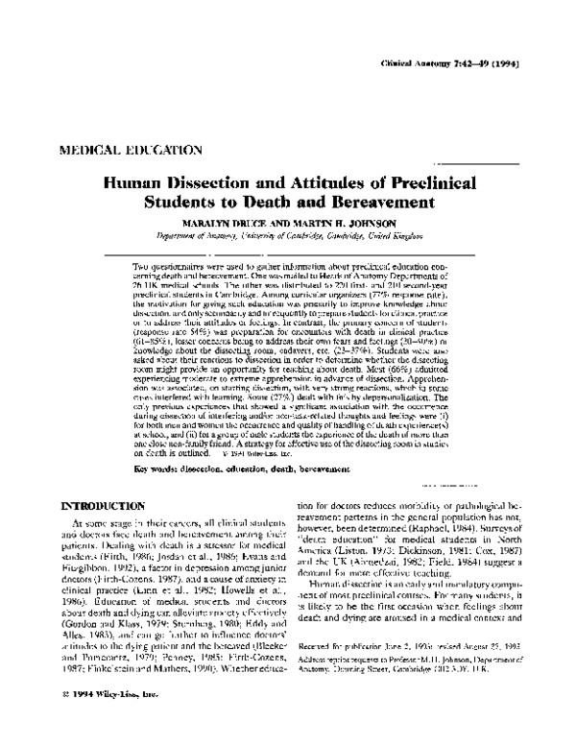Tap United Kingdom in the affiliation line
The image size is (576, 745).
click(x=403, y=237)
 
